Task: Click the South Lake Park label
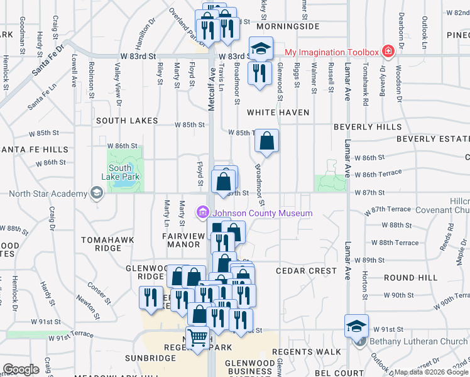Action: [119, 172]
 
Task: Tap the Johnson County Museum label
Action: [261, 214]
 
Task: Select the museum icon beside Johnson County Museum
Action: [202, 213]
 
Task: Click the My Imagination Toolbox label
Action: [332, 52]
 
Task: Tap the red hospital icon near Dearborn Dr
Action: [388, 51]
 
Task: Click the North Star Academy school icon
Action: [96, 194]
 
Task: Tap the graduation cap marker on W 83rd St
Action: [261, 48]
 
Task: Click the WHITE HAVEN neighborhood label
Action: [278, 112]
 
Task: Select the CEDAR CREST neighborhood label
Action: [303, 271]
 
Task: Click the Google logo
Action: [21, 369]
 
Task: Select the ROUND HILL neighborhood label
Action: [411, 277]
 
